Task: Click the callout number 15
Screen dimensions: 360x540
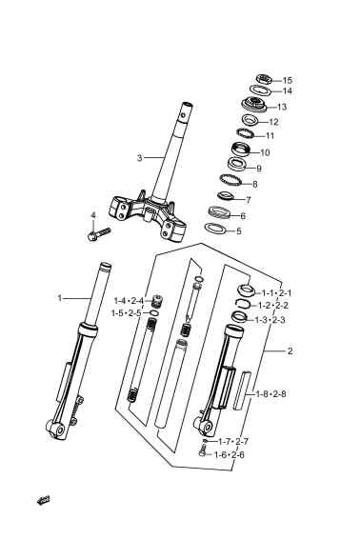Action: [287, 80]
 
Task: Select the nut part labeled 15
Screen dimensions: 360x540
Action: [265, 80]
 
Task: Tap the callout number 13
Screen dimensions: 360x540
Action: [282, 107]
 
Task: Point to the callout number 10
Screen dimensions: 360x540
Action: [265, 152]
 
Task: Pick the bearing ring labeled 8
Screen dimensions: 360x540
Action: [230, 180]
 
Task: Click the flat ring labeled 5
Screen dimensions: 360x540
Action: [215, 229]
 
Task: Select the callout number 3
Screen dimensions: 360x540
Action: [139, 158]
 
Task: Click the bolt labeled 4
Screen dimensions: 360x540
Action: [99, 234]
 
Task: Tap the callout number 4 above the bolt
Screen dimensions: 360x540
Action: [93, 215]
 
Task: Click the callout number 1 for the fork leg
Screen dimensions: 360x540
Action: [59, 298]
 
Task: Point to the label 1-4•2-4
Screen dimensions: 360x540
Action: [129, 301]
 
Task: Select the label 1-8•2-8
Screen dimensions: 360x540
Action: [270, 393]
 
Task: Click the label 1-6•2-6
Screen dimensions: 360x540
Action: [230, 455]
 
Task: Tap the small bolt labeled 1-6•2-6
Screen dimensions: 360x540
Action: [202, 450]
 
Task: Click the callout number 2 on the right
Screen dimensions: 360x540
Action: [290, 351]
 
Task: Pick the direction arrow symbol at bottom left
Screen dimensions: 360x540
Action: [44, 500]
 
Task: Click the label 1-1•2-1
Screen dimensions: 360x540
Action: [276, 293]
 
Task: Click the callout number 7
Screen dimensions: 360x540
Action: [249, 200]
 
